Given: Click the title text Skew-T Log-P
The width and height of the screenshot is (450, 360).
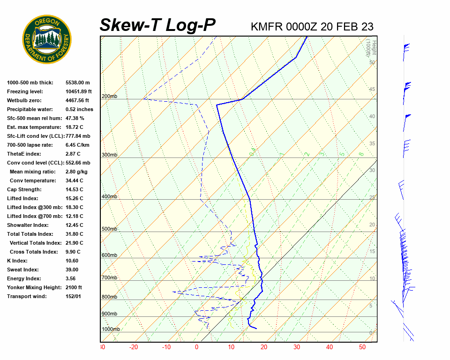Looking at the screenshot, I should (x=157, y=25).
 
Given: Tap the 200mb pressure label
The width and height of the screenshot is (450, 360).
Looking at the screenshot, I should (x=109, y=97).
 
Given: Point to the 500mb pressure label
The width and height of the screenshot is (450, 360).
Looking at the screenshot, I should (x=109, y=229).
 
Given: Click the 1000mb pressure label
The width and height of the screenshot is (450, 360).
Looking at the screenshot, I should (x=111, y=330).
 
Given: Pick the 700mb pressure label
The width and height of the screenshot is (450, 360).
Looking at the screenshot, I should (x=109, y=278).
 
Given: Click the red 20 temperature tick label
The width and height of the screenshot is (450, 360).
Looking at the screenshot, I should (x=263, y=347).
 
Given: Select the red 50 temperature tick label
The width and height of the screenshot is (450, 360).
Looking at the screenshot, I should (x=362, y=347).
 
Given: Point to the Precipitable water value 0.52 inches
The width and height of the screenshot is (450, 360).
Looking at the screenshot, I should (x=79, y=109).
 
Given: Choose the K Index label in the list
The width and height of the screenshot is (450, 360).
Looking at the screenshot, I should (x=17, y=261).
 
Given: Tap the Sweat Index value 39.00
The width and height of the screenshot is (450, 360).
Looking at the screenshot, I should (x=72, y=270).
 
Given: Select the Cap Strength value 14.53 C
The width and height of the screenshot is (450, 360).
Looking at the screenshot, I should (x=74, y=189).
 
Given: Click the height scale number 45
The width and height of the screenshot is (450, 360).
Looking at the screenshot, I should (x=372, y=90).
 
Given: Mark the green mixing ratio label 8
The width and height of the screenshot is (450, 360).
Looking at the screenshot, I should (x=361, y=153).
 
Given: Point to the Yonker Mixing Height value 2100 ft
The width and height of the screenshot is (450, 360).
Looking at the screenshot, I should (x=74, y=287).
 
